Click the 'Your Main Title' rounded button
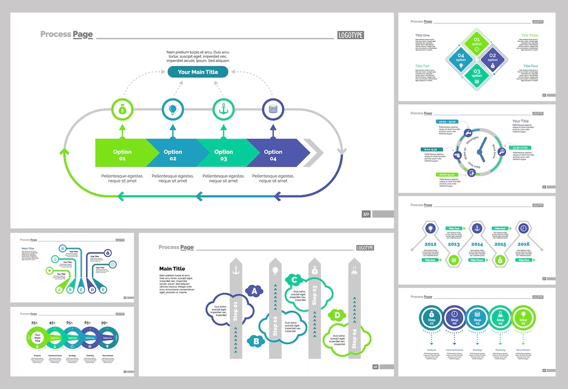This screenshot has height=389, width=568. (x=198, y=72)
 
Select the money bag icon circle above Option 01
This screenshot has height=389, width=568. (x=121, y=108)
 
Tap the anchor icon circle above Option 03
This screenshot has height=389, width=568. (x=223, y=108)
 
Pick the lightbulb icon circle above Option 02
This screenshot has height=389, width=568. (x=172, y=108)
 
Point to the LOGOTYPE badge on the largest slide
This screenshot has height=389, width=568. (x=350, y=35)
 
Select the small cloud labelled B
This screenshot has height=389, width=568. (x=256, y=341)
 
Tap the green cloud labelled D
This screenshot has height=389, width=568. (x=337, y=315)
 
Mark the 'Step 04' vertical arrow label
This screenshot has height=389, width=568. (x=354, y=339)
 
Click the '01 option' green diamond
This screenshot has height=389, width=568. (x=477, y=42)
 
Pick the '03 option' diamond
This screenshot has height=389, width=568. (x=477, y=73)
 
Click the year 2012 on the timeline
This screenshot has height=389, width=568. (x=431, y=244)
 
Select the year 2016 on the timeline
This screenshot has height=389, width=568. (x=524, y=244)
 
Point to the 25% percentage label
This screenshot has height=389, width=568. (x=34, y=323)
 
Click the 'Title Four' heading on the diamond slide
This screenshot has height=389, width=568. (x=530, y=66)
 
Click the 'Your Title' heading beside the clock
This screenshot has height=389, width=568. (x=520, y=121)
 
